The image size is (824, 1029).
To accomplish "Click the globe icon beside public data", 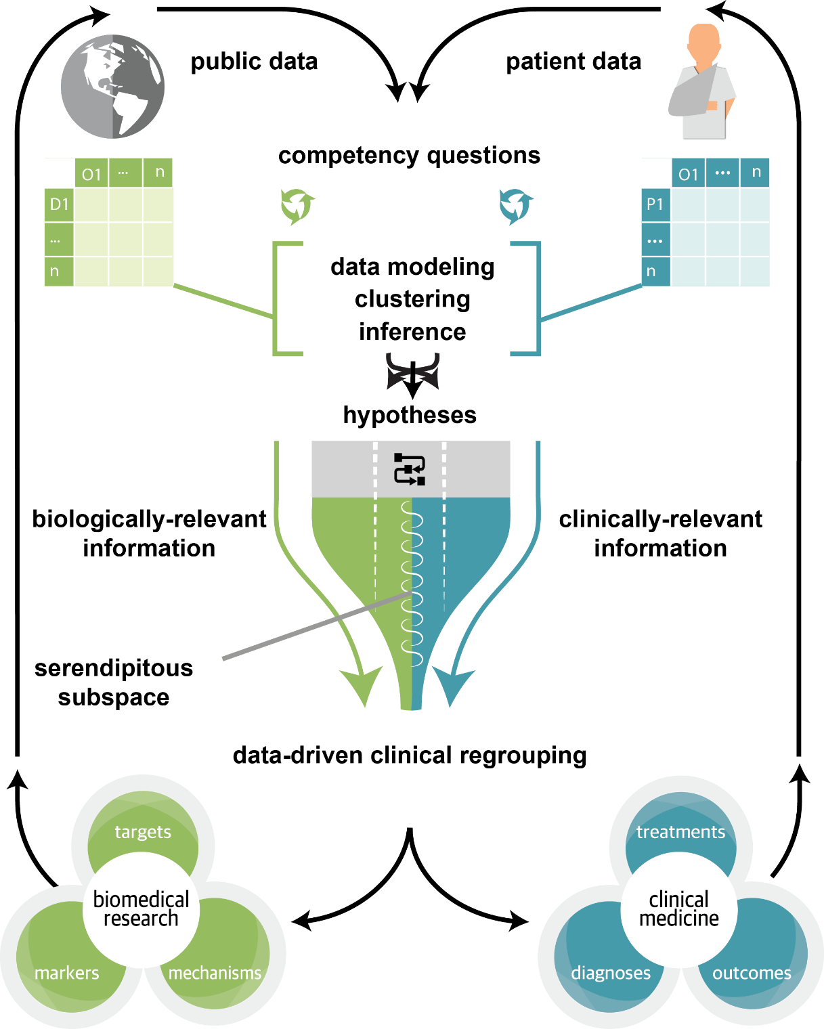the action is point(112,87).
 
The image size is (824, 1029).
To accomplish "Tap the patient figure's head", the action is point(703,41).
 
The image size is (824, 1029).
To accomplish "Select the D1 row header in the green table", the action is point(59,204).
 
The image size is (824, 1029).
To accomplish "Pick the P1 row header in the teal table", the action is point(655,204).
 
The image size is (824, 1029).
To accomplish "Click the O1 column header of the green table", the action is point(91,173).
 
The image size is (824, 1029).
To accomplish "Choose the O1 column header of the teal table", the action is point(688,173).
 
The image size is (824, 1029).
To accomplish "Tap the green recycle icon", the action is point(297,206).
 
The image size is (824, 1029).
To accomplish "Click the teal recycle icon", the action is point(516,206).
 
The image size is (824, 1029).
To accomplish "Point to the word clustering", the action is point(412,299).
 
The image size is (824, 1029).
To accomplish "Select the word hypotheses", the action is point(410,414).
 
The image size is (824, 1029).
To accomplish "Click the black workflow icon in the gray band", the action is point(410,469).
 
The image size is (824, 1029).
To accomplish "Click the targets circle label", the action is point(142,833).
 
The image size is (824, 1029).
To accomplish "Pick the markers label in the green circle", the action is point(67,973).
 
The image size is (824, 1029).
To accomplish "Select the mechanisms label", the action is point(215,973).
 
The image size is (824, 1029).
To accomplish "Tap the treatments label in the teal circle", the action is point(680,833).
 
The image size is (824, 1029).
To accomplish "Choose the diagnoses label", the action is point(611,973).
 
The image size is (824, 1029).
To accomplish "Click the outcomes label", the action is point(752,973).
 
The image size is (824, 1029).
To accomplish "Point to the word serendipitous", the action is point(114,668).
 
